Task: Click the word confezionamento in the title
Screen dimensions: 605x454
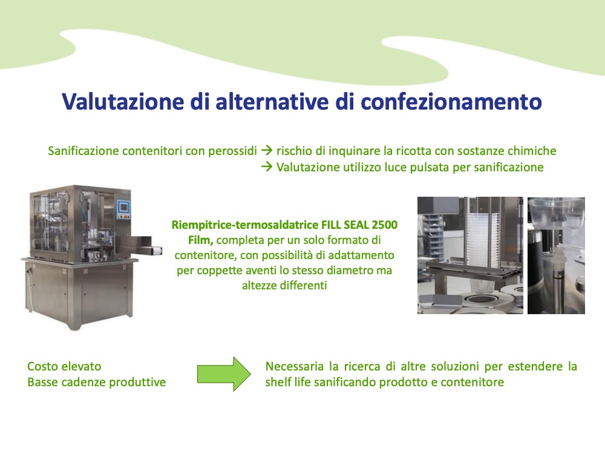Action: click(451, 102)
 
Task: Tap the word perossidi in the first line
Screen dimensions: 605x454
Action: click(232, 151)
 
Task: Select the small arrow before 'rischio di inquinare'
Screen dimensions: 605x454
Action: click(267, 151)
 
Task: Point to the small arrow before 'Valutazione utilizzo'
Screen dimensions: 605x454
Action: click(267, 167)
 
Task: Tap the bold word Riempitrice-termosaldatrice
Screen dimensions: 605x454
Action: click(245, 225)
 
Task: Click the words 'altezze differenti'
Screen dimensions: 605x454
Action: click(284, 286)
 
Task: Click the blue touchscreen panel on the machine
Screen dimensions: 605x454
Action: click(124, 207)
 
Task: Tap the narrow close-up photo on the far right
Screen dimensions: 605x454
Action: click(556, 255)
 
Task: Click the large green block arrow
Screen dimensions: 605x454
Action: click(224, 374)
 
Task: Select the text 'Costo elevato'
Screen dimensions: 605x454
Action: click(65, 366)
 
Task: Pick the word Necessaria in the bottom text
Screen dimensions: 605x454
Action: click(295, 366)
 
